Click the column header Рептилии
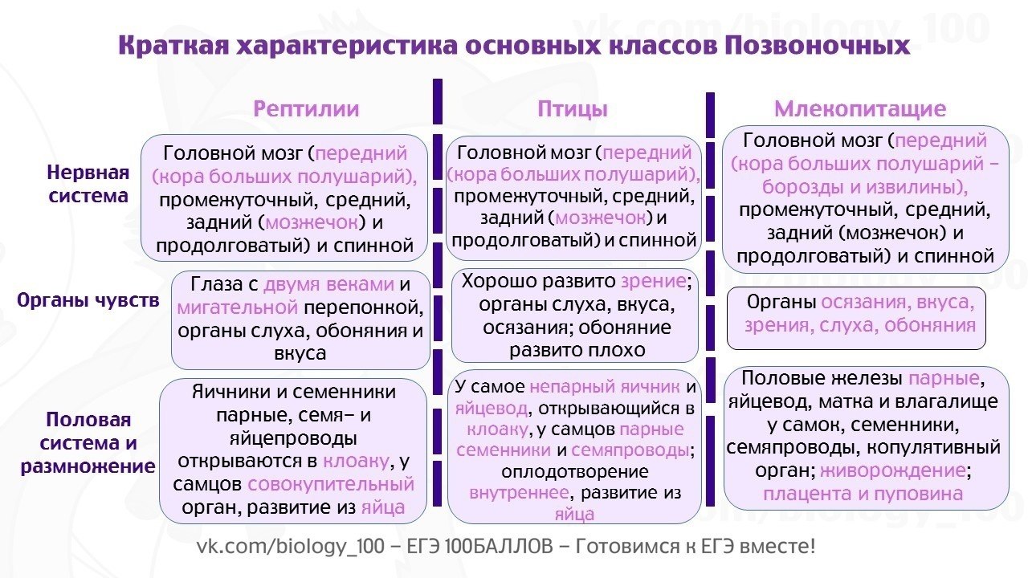point(306,109)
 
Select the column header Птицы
point(573,109)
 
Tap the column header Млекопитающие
point(860,109)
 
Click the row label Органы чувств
point(88,300)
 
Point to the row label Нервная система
point(88,184)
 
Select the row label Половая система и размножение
point(89,443)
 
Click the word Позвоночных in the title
point(817,46)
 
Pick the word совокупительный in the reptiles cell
point(331,484)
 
